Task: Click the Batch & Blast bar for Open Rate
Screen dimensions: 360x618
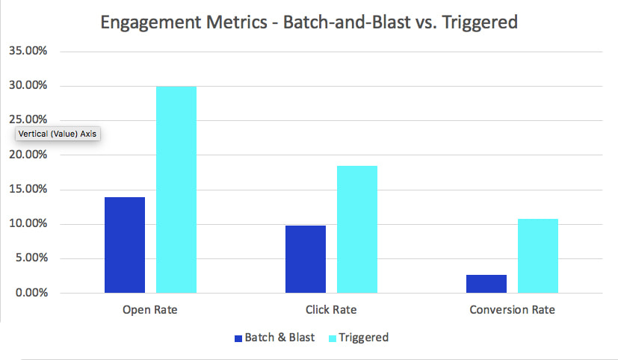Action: coord(125,245)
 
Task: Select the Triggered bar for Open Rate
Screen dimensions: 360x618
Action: coord(176,190)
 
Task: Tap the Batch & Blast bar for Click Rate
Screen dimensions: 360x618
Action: coord(306,258)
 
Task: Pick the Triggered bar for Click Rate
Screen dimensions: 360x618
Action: coord(357,229)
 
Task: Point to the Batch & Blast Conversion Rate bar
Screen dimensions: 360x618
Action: coord(486,284)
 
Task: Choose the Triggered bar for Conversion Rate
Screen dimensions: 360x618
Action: coord(538,255)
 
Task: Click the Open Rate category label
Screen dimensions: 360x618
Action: coord(150,309)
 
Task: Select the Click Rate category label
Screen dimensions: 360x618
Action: coord(331,309)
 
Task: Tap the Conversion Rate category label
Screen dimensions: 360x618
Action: coord(512,309)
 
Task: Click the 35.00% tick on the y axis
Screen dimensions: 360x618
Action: coord(28,52)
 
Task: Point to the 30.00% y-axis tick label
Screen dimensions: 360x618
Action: coord(28,86)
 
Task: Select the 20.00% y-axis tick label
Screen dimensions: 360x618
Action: coord(28,155)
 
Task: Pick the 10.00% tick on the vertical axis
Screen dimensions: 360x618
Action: coord(28,224)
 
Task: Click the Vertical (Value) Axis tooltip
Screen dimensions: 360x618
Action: coord(58,134)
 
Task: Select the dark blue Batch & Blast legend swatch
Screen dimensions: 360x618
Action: coord(238,338)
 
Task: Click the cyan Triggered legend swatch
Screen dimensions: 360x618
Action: coord(333,338)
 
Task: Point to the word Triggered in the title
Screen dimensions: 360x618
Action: coord(481,23)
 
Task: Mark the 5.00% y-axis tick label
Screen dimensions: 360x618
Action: coord(31,258)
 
